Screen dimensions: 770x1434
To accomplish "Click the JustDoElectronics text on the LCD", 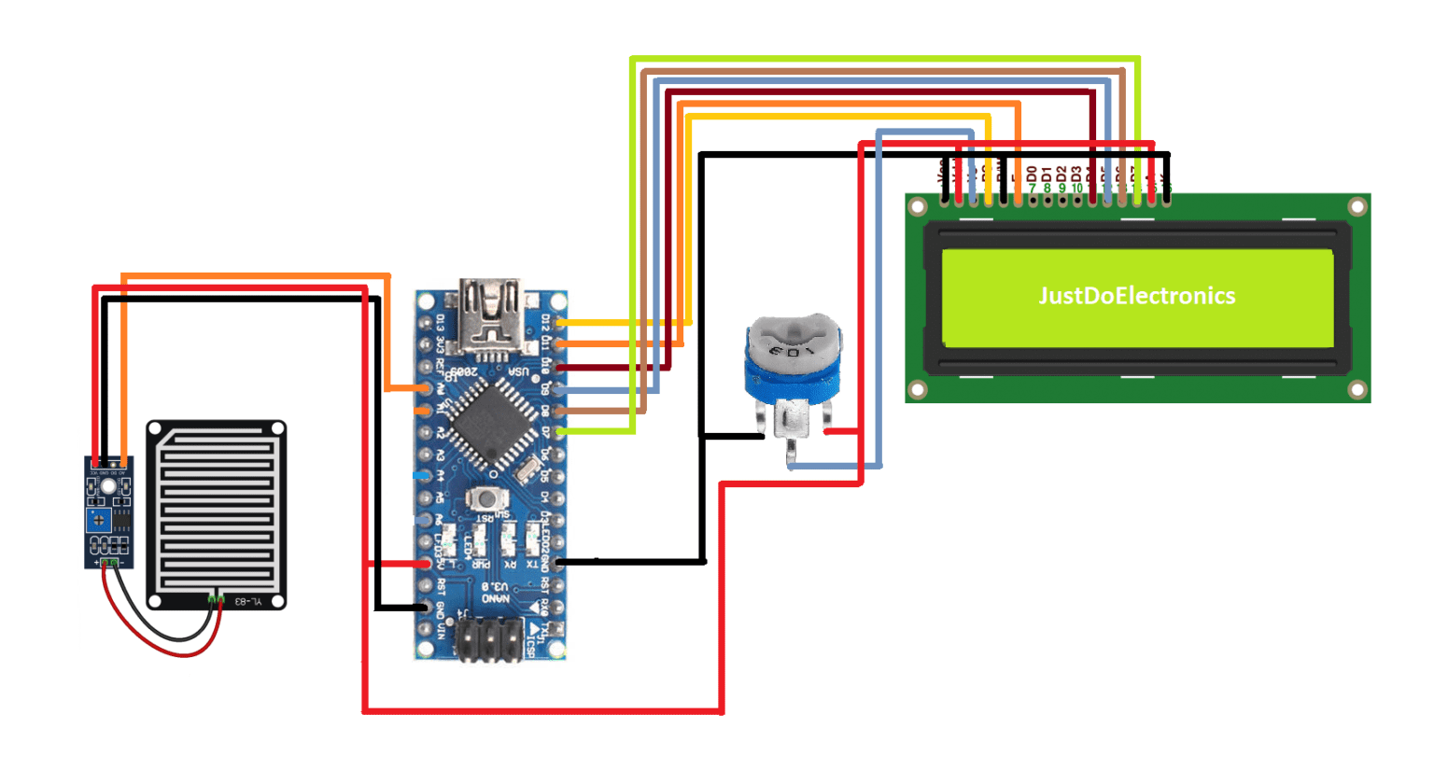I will (1137, 296).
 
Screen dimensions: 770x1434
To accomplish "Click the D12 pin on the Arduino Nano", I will (558, 323).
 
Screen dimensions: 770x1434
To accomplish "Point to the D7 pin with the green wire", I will (558, 431).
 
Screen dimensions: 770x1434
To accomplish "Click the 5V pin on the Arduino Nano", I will (427, 564).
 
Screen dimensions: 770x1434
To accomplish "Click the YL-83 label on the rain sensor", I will (247, 601).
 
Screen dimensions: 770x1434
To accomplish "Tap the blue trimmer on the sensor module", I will (98, 519).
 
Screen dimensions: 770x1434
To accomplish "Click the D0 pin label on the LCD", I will (1032, 175).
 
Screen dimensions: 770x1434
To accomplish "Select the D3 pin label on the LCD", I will (1076, 175).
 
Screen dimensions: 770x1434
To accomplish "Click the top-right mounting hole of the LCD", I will (1357, 206).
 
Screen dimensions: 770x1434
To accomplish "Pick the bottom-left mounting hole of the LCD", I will (919, 389).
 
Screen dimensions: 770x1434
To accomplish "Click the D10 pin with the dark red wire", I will (558, 368).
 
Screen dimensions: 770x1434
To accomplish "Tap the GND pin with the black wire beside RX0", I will (558, 562).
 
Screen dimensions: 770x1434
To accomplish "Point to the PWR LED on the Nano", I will (480, 540).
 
